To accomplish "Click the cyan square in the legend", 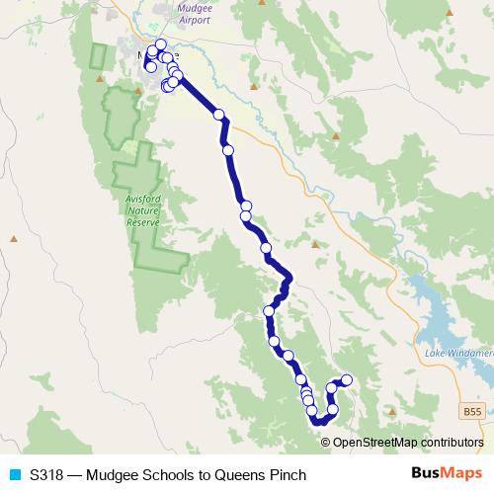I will pos(14,475).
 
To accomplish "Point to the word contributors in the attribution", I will pos(452,443).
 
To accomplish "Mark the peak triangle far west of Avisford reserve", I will pos(13,238).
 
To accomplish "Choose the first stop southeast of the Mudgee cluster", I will pos(219,115).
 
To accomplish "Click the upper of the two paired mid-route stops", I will pos(246,206).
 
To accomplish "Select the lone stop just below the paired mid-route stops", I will pos(265,247).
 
